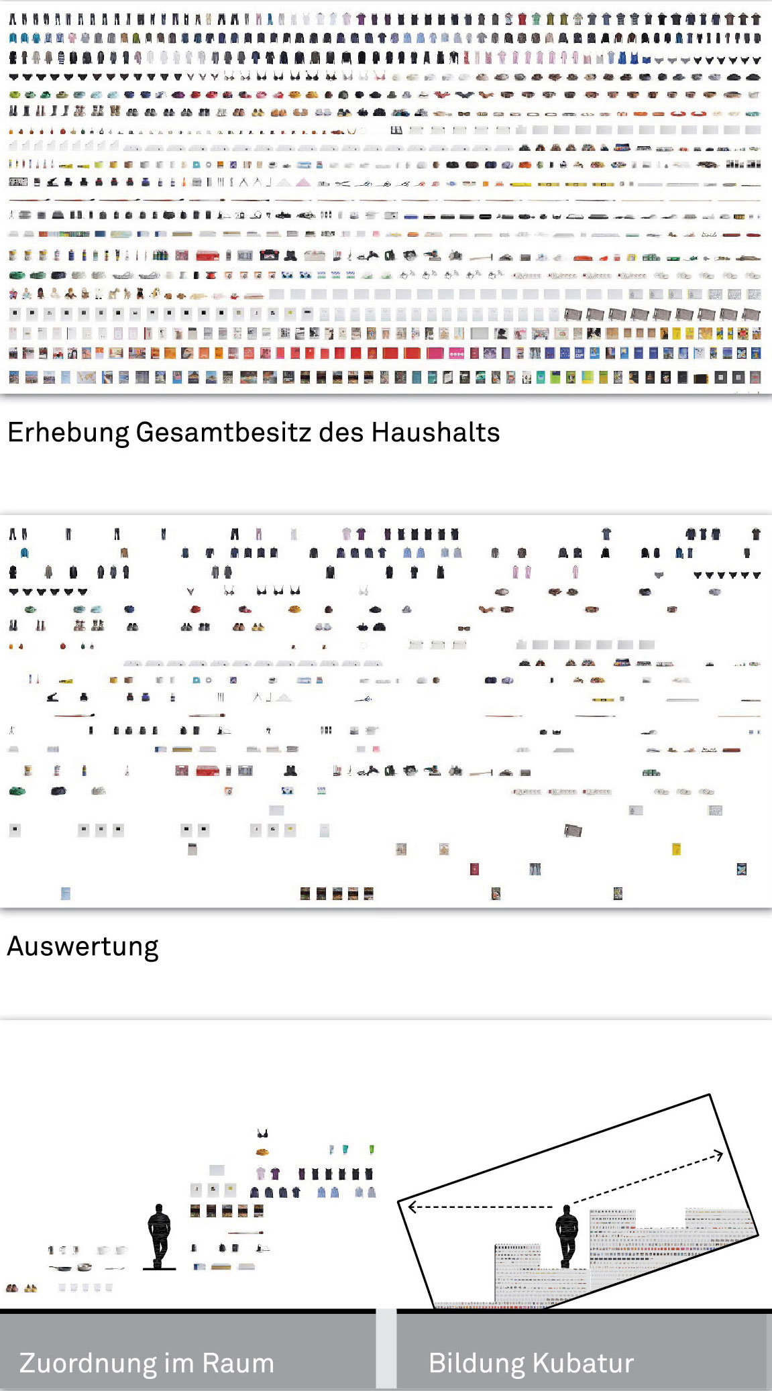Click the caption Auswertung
tap(82, 946)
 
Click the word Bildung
tap(476, 1363)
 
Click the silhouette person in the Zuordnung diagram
tap(159, 1235)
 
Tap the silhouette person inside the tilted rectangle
tap(567, 1235)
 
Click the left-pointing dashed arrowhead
tap(412, 1207)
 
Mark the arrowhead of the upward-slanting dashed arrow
tap(719, 1154)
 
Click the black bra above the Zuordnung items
tap(262, 1133)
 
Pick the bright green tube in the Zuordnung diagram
tap(372, 1150)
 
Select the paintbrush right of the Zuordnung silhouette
tap(245, 1232)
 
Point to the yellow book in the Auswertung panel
tap(676, 849)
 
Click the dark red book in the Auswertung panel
tap(474, 869)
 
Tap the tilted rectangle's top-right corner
tap(710, 1095)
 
